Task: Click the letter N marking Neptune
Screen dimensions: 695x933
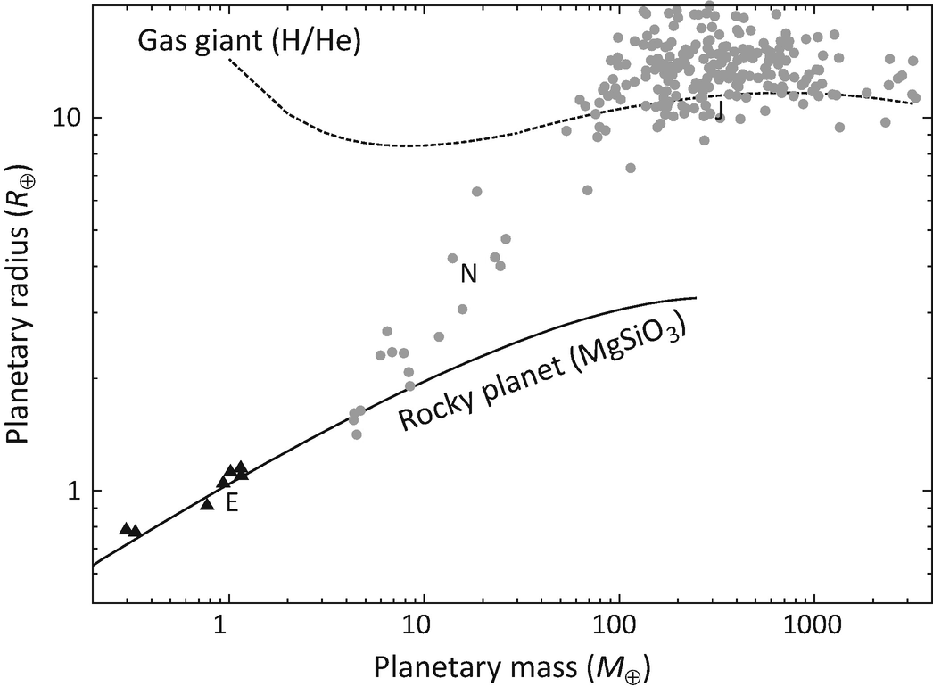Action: [468, 275]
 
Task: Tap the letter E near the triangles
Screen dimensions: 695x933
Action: [232, 503]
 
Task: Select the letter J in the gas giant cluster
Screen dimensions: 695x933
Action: [719, 111]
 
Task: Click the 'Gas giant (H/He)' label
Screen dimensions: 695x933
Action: [249, 41]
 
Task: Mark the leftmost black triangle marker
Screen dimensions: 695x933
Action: [126, 528]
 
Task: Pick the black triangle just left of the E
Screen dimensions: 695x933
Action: [207, 504]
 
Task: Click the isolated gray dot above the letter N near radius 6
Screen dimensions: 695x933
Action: [476, 192]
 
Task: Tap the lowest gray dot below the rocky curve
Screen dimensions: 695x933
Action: [357, 434]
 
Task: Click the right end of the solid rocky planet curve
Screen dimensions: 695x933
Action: [695, 298]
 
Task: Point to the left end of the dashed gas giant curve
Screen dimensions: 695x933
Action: [229, 59]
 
